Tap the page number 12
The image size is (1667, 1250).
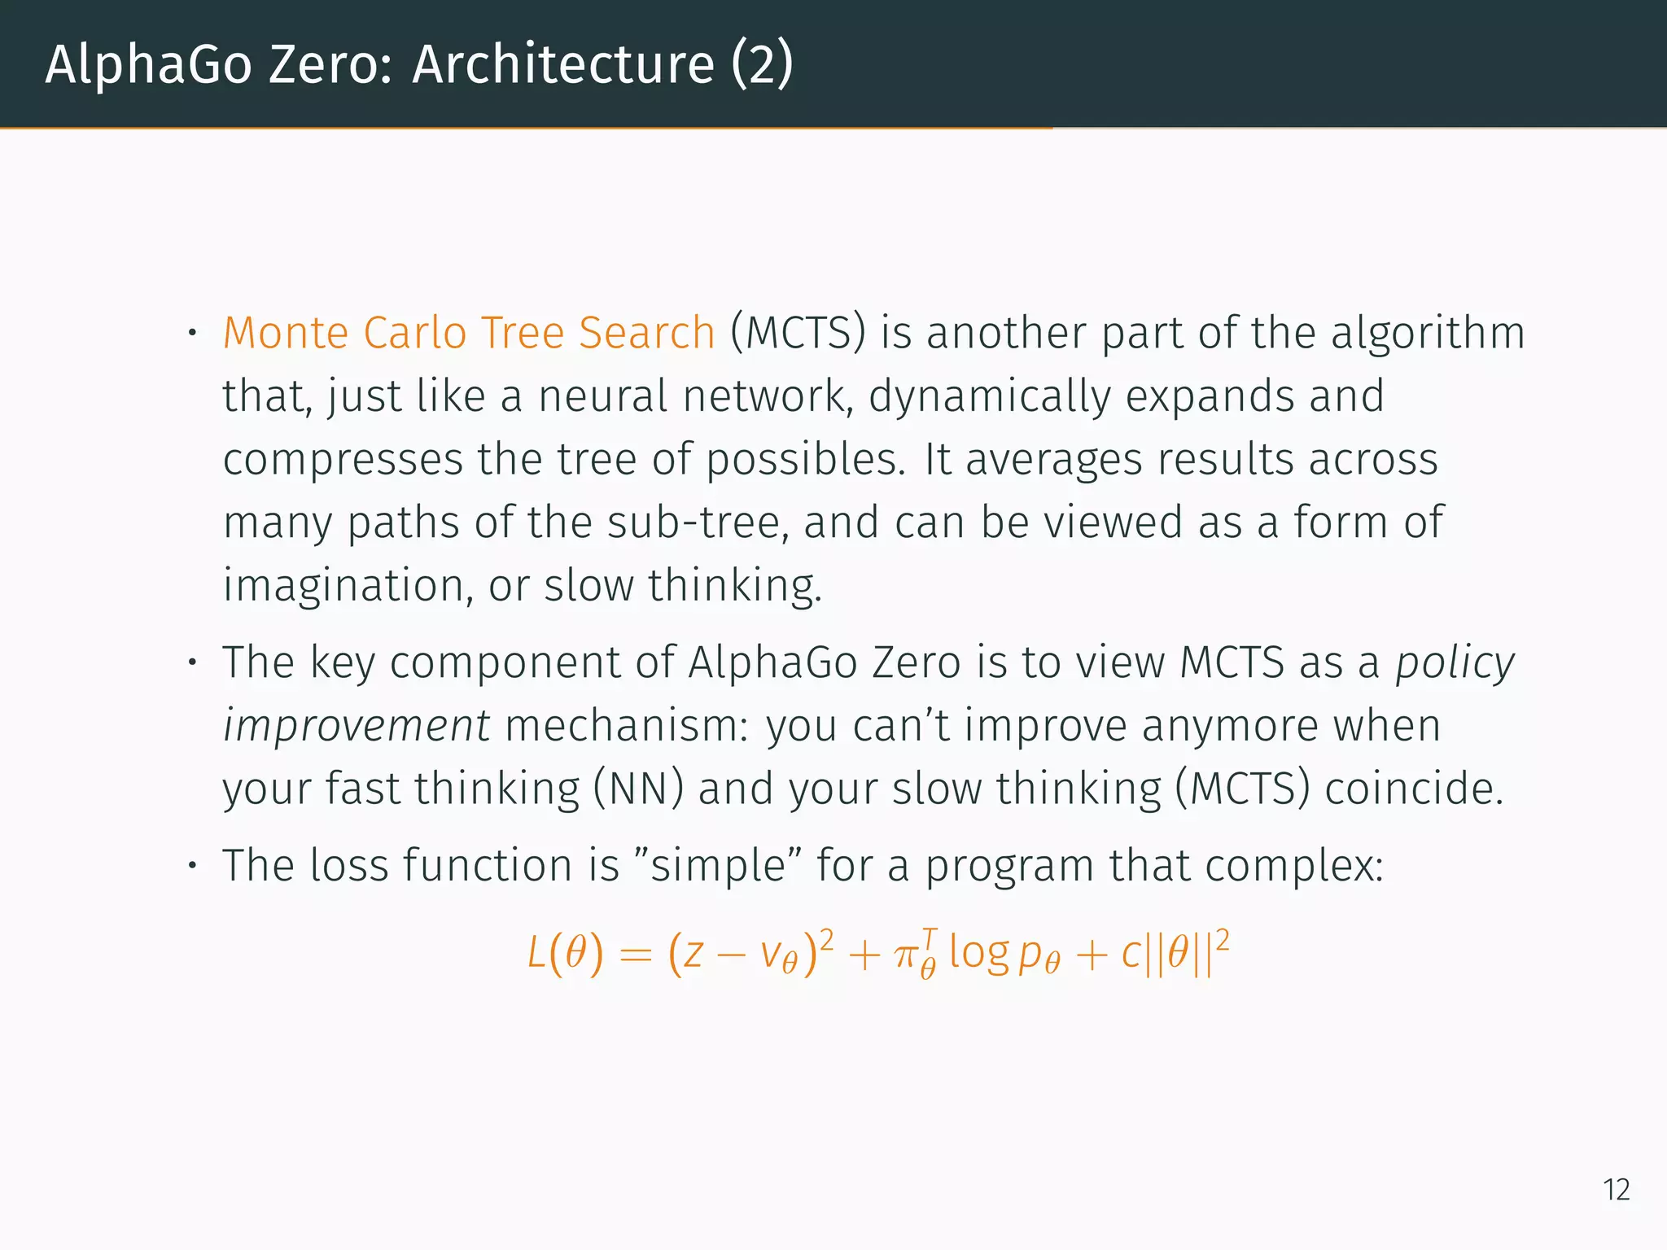pyautogui.click(x=1616, y=1190)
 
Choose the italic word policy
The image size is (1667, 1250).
pyautogui.click(x=1455, y=662)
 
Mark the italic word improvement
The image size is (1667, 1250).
pyautogui.click(x=357, y=725)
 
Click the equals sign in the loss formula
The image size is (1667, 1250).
pyautogui.click(x=635, y=955)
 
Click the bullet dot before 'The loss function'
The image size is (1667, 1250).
pyautogui.click(x=192, y=865)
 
